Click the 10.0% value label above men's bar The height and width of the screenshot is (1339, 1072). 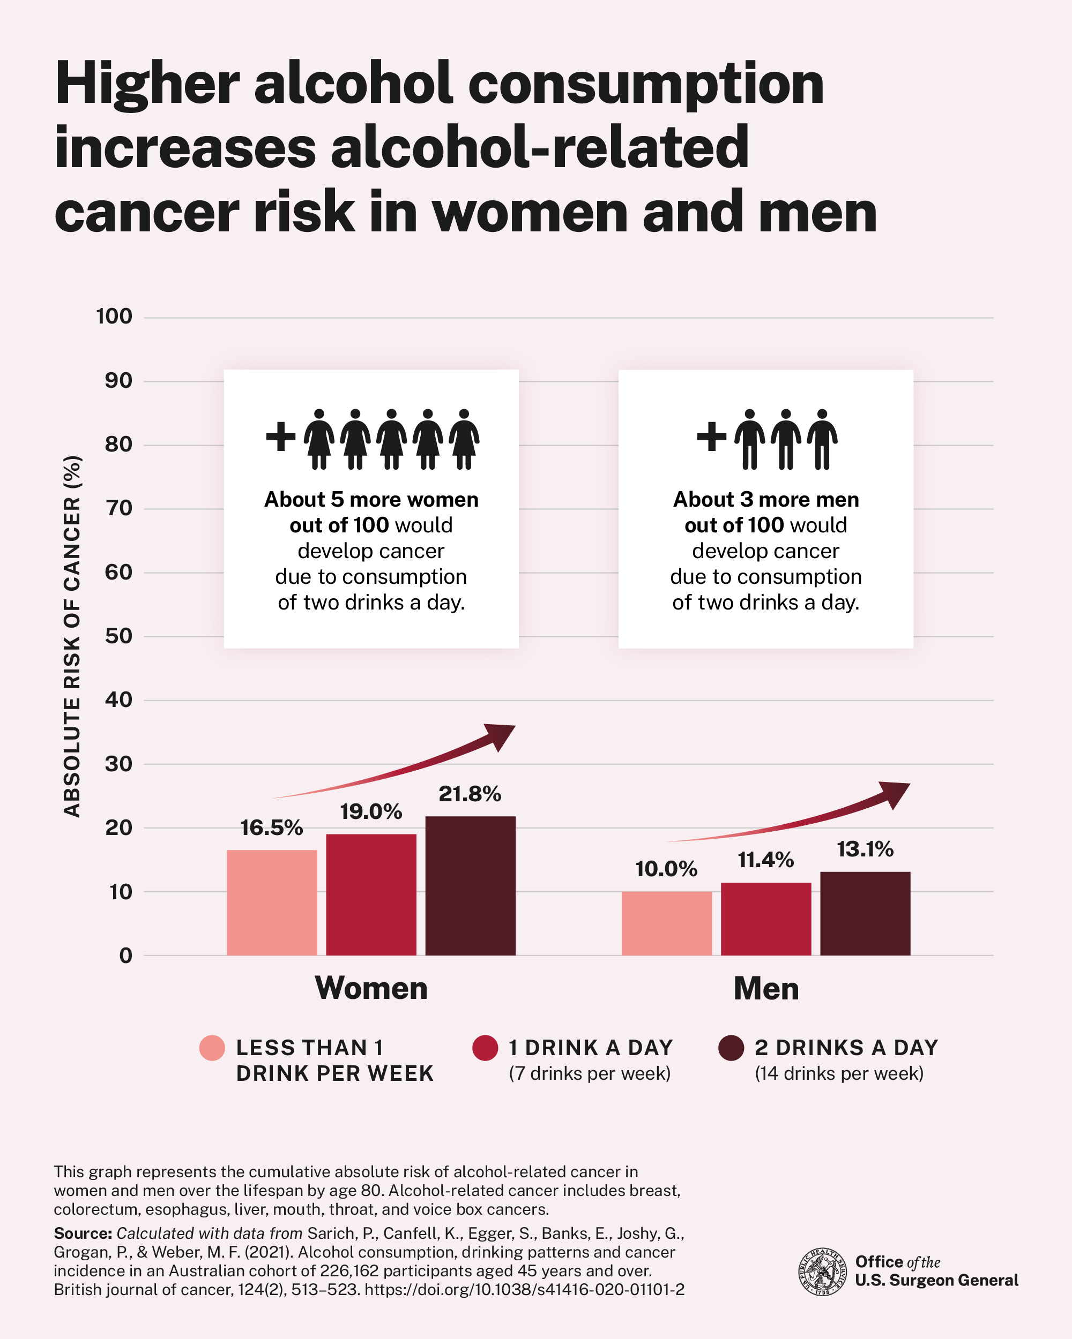point(666,869)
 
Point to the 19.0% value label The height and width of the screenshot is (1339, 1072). point(371,812)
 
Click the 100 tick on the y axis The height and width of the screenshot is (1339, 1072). point(114,317)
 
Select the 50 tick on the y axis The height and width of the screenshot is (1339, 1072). point(118,636)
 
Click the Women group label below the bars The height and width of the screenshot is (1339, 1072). point(371,988)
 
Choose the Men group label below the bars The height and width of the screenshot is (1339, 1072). point(765,989)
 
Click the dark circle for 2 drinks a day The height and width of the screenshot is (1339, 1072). point(731,1048)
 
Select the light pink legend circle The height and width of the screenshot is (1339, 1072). point(212,1048)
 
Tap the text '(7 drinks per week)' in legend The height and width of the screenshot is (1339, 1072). point(590,1074)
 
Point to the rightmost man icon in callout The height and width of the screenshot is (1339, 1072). point(822,439)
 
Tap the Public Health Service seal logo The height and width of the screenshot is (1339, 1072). point(822,1272)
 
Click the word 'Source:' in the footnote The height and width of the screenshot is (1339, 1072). point(83,1233)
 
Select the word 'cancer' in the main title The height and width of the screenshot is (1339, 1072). point(146,213)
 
